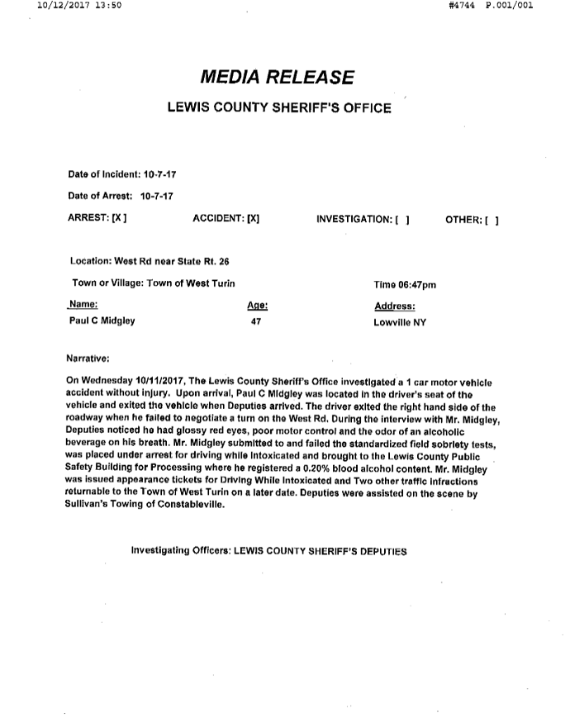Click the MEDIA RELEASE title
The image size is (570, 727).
coord(278,78)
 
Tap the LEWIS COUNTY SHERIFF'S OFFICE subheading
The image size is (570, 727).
coord(279,108)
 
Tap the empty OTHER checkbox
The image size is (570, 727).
coord(492,220)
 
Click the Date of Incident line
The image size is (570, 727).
coord(123,174)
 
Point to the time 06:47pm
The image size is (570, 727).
coord(405,284)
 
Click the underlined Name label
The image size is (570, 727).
coord(84,305)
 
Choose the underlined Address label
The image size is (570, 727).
coord(394,306)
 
